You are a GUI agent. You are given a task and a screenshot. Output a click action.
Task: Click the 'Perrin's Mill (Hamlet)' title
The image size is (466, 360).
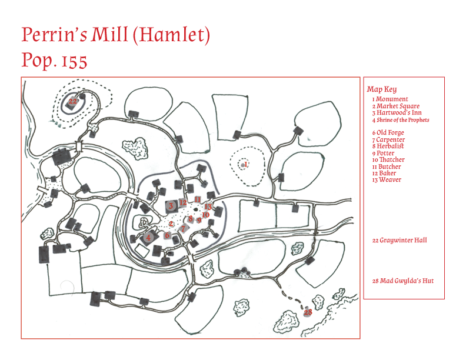(x=115, y=35)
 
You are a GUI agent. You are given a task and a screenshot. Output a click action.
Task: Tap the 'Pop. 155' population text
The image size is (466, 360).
(x=54, y=61)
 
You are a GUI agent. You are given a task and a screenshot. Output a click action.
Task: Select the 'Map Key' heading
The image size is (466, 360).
(x=382, y=89)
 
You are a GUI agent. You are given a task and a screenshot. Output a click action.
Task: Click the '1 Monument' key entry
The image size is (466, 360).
(x=390, y=99)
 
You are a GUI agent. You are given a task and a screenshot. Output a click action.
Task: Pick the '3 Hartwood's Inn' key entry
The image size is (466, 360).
(x=397, y=112)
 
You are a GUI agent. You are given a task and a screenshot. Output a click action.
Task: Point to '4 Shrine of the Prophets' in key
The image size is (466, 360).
(x=401, y=120)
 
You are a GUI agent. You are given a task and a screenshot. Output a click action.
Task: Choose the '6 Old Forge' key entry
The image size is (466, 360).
(x=388, y=132)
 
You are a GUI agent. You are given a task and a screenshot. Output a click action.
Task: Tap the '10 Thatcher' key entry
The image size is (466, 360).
(x=388, y=159)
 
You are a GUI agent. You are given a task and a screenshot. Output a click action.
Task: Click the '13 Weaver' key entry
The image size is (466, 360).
(x=387, y=179)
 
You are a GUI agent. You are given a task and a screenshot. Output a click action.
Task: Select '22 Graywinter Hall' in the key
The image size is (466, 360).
(x=400, y=241)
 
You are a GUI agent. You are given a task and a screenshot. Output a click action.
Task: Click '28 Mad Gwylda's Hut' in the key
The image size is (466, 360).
(x=402, y=281)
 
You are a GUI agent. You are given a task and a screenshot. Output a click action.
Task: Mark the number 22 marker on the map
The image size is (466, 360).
(x=72, y=101)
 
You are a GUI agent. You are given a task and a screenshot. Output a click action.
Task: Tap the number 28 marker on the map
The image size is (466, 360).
(x=308, y=312)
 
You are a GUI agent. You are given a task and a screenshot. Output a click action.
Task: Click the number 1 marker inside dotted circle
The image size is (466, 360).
(x=246, y=164)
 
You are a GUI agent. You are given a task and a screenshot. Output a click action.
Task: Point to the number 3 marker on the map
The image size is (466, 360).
(x=171, y=205)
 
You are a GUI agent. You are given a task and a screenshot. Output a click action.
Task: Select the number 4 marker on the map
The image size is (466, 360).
(x=148, y=237)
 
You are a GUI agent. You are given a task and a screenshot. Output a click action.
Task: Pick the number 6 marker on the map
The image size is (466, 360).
(x=167, y=235)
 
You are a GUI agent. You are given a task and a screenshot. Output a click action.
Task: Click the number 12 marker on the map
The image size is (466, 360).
(x=183, y=202)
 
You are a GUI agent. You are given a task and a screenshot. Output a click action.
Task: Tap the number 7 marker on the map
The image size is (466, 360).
(x=183, y=228)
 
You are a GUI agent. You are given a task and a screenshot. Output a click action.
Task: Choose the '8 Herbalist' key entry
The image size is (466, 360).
(x=388, y=146)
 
